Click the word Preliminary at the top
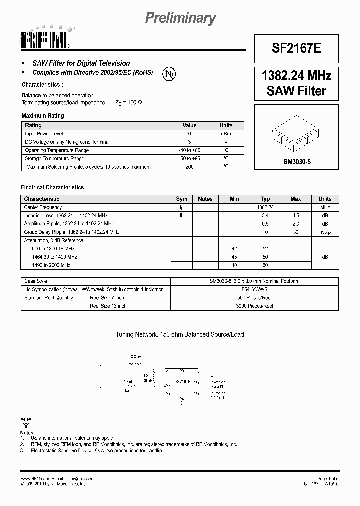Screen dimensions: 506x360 tap(180, 18)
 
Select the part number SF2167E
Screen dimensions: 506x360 tap(296, 48)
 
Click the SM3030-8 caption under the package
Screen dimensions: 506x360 tap(297, 162)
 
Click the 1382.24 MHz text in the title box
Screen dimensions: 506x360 tap(296, 76)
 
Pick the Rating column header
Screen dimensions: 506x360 tap(33, 126)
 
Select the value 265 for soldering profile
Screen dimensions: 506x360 tap(189, 167)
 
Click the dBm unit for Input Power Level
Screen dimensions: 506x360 tap(226, 134)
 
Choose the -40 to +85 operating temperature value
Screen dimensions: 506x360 tap(189, 150)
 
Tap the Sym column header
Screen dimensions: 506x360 tap(182, 199)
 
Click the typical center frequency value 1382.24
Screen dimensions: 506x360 tap(265, 207)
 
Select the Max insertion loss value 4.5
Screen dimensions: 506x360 tap(296, 216)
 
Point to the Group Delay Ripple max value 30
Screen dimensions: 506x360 tap(296, 232)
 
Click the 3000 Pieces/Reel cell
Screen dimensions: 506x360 tap(255, 306)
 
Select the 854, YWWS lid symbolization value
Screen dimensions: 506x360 tap(255, 290)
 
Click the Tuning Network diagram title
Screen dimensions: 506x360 tap(180, 334)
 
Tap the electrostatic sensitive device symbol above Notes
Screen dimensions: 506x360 tap(26, 421)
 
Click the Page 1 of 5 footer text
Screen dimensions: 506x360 tap(327, 478)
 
